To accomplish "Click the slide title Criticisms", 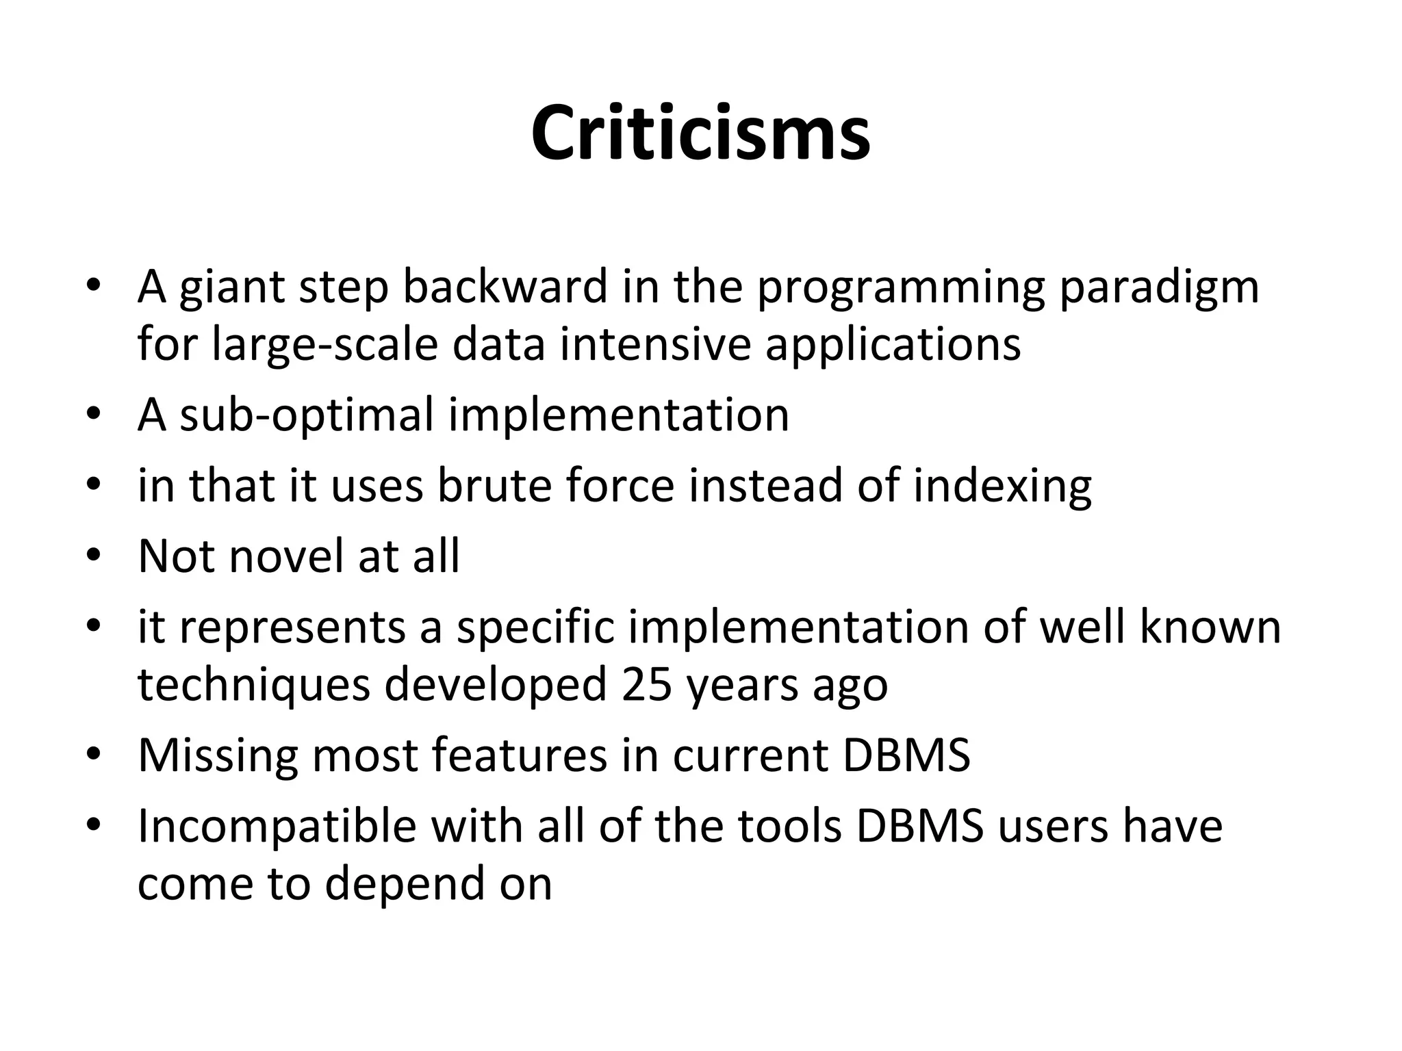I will pyautogui.click(x=700, y=133).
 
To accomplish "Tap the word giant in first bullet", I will pyautogui.click(x=231, y=287).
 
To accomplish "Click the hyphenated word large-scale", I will pyautogui.click(x=325, y=344).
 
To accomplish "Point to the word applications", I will pyautogui.click(x=893, y=344).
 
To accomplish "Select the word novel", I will pyautogui.click(x=286, y=556).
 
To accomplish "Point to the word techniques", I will pyautogui.click(x=253, y=684).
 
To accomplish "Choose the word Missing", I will pyautogui.click(x=218, y=755).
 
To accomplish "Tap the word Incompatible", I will pyautogui.click(x=277, y=826).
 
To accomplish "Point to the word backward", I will pyautogui.click(x=505, y=287).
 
